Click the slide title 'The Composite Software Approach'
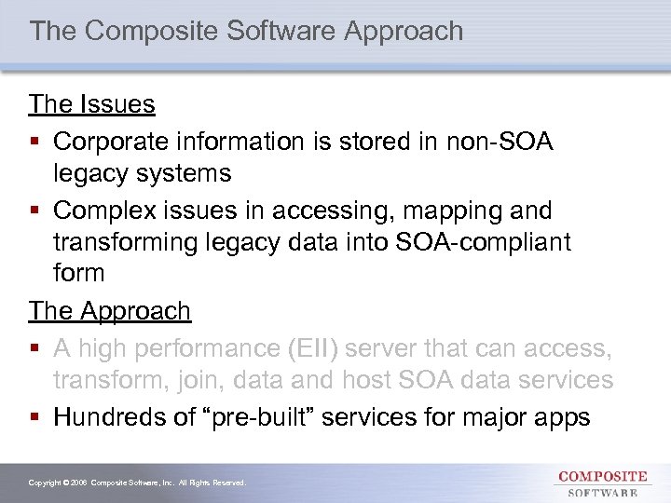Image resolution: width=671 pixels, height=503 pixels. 246,31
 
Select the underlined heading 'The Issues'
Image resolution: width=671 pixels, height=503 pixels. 91,104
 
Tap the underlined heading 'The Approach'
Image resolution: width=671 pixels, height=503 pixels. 109,311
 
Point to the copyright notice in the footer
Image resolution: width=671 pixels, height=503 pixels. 137,483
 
